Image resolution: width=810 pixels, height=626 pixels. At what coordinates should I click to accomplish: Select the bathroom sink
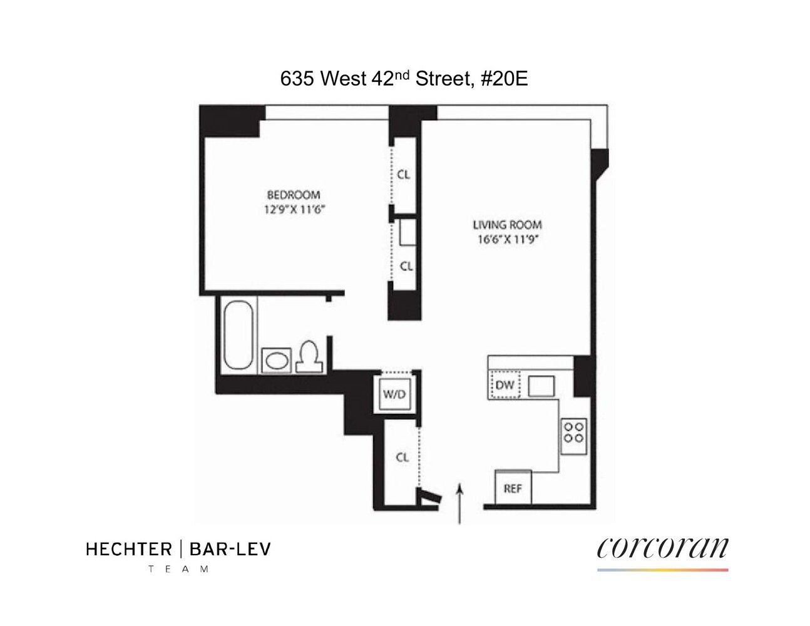[275, 361]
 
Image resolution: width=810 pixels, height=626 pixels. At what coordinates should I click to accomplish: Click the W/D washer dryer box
[394, 394]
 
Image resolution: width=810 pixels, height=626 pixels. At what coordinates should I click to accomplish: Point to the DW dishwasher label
[505, 385]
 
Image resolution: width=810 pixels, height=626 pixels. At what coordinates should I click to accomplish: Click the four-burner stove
[574, 432]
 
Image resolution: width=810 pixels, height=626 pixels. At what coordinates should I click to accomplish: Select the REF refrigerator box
[513, 488]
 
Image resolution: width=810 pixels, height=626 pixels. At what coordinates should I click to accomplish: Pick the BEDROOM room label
[294, 195]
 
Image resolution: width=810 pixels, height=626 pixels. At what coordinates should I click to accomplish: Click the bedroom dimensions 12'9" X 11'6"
[294, 210]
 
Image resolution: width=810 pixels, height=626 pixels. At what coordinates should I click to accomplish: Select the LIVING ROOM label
[507, 225]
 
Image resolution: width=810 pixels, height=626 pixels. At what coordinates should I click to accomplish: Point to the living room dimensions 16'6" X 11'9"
[507, 239]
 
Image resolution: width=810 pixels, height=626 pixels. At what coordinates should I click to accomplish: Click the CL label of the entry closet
[402, 458]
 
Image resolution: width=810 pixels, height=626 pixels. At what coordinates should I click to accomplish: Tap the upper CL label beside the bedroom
[404, 175]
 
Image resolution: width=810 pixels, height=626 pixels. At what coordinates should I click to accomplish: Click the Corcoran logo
[662, 548]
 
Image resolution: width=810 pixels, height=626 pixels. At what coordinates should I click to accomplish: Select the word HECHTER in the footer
[128, 550]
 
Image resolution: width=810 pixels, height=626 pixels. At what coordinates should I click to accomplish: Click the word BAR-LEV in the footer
[230, 550]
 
